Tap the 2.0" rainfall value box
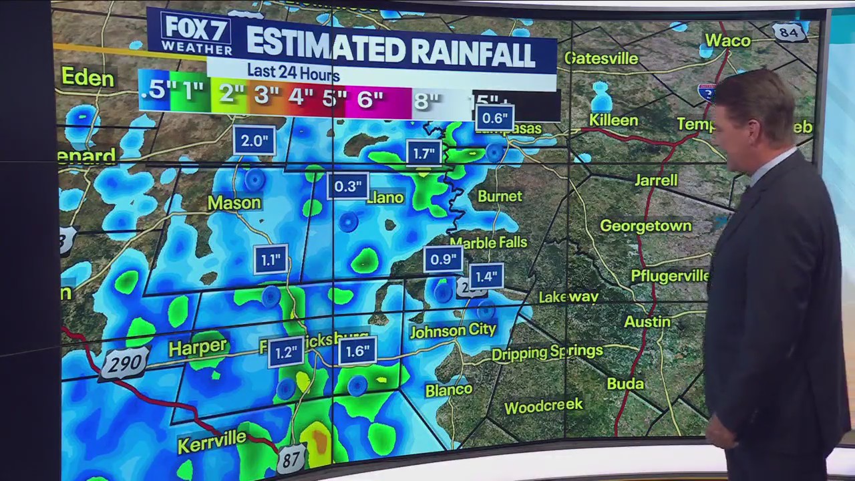coord(254,140)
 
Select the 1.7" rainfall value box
coord(423,154)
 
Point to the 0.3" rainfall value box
coord(347,186)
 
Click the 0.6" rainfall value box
coord(494,119)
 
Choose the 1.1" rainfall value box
coord(271,260)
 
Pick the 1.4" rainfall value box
coord(486,276)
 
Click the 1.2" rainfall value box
coord(285,353)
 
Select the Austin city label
coord(647,321)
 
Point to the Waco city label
coord(727,40)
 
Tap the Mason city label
coord(234,202)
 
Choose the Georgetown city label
coord(645,226)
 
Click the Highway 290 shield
coord(124,363)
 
